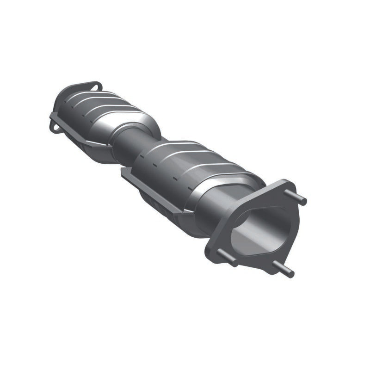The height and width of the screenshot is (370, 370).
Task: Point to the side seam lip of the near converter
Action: [x=148, y=190]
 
